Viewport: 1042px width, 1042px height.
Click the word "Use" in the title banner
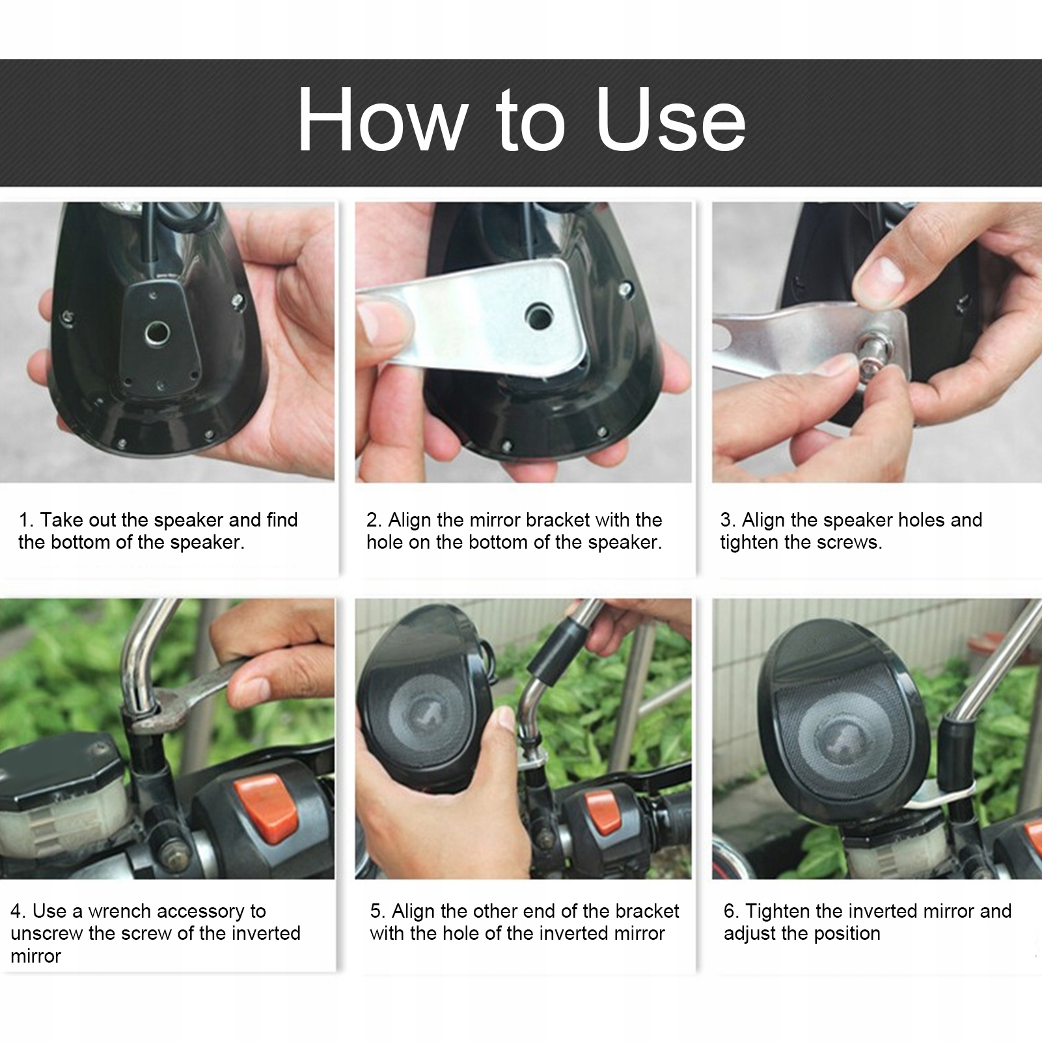(670, 120)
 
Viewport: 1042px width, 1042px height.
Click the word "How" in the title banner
(383, 119)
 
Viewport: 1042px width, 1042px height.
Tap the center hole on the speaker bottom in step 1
(157, 333)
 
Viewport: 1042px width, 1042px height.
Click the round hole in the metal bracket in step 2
(540, 316)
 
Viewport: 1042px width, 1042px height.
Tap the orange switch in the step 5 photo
(604, 812)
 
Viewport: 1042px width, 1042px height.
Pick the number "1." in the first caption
(26, 520)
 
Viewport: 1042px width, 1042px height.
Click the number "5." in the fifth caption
(378, 911)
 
